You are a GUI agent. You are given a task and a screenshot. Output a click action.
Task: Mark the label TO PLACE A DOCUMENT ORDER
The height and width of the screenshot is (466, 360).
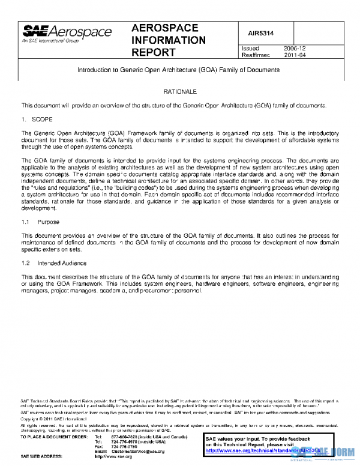(55, 437)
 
